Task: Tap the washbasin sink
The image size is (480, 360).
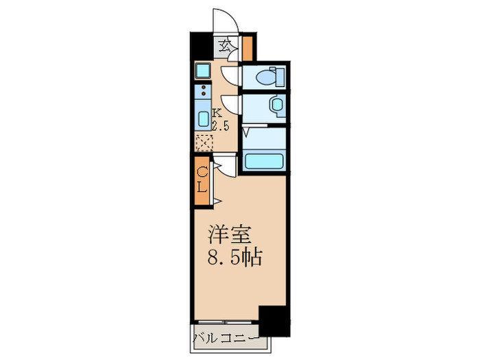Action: pyautogui.click(x=275, y=105)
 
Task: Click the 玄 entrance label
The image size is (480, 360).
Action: pyautogui.click(x=225, y=47)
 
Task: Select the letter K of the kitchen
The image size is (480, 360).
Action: pyautogui.click(x=216, y=113)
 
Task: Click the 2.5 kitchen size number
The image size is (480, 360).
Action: pyautogui.click(x=219, y=125)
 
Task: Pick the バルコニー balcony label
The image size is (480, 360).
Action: pyautogui.click(x=226, y=338)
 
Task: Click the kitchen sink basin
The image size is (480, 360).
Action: pyautogui.click(x=204, y=118)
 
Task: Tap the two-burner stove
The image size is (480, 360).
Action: pyautogui.click(x=203, y=91)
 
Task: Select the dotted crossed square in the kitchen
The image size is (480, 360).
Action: pyautogui.click(x=204, y=143)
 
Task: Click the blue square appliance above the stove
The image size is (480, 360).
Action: pyautogui.click(x=203, y=70)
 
